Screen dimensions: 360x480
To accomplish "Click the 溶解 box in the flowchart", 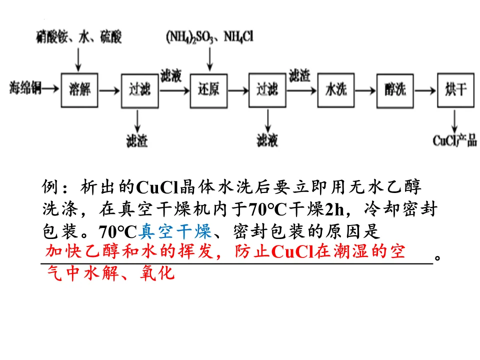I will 78,90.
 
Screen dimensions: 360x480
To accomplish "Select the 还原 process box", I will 208,90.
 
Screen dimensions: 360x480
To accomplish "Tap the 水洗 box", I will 336,90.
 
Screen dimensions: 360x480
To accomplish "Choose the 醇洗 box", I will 395,90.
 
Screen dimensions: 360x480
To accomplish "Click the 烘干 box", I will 455,90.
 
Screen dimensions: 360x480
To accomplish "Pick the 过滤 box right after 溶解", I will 138,90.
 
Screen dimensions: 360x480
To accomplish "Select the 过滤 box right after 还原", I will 267,90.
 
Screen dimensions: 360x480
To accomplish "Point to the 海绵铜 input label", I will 24,89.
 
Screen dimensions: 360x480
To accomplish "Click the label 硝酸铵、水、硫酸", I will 78,36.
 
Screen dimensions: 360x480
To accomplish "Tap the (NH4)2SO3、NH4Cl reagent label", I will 210,36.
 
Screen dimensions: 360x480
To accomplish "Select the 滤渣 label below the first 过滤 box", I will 137,141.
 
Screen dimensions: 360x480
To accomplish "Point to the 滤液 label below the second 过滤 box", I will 267,141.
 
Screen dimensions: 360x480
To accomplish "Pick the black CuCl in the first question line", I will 157,188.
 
